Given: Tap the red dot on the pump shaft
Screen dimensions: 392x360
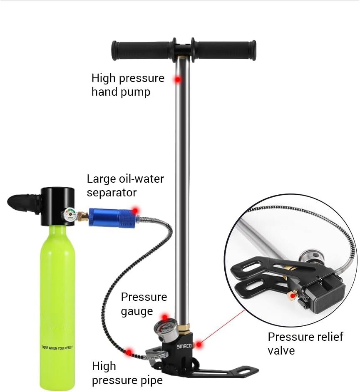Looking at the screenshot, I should coord(178,79).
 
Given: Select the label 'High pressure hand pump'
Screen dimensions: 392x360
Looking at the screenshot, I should coord(128,85).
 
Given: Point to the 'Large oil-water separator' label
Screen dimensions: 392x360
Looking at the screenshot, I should coord(125,186).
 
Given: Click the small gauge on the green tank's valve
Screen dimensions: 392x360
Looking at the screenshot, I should coord(70,215).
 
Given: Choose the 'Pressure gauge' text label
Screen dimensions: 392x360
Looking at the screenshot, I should coord(144,304).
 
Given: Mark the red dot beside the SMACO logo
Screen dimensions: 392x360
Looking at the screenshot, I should coord(199,344).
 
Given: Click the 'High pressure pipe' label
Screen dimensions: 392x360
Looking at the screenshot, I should coord(127,373).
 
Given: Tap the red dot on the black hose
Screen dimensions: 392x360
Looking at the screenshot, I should coord(129,352).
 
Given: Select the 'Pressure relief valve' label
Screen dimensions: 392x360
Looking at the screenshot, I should coord(305,343).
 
